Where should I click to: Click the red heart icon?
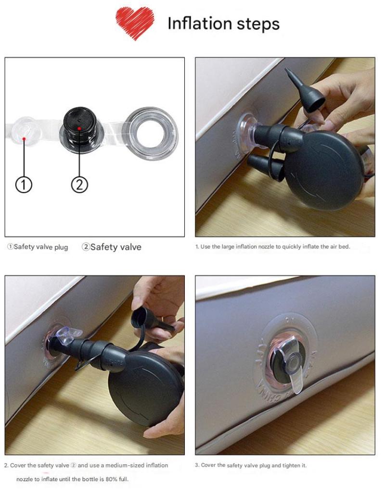click(135, 23)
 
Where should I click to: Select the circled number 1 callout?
click(24, 185)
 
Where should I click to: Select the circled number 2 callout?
click(79, 185)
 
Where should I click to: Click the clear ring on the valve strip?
click(151, 133)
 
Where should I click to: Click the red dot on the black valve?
click(79, 128)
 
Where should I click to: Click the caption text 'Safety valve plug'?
click(41, 247)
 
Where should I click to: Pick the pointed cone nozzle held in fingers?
click(304, 90)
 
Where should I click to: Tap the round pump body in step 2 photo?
click(146, 389)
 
